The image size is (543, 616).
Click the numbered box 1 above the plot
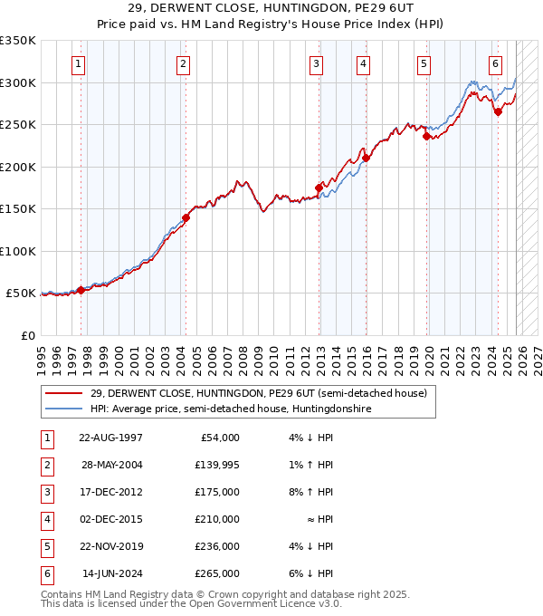[x=80, y=63]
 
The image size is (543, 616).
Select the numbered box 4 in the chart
[x=362, y=63]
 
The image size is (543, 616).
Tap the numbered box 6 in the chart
[x=496, y=63]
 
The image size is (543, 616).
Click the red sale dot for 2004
[x=186, y=217]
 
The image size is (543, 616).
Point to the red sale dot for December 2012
[x=319, y=188]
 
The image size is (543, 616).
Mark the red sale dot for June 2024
[x=498, y=112]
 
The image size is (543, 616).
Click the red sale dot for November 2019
[x=426, y=137]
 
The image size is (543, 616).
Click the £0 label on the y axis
[x=27, y=335]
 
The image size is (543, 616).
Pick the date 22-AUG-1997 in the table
[x=110, y=438]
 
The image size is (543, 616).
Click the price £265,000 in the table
[x=217, y=573]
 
